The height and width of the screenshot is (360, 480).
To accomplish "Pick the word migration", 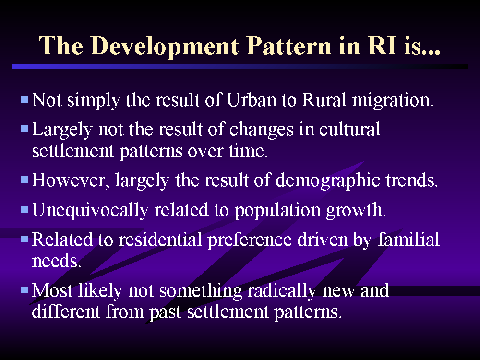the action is tap(393, 101).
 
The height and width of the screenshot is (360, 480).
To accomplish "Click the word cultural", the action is tap(349, 129).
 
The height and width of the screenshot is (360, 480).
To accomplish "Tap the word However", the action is tap(71, 180).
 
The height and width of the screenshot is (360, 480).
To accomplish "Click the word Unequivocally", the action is tap(90, 211).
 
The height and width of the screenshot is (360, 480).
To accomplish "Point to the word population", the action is tap(277, 211).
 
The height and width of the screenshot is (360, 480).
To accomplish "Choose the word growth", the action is tap(356, 211).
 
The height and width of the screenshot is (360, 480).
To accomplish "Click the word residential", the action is tap(160, 240).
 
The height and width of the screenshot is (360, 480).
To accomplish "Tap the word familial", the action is tap(408, 240).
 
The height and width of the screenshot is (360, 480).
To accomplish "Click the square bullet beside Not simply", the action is tap(24, 99).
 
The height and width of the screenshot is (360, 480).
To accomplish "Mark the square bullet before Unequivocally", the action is tap(24, 209).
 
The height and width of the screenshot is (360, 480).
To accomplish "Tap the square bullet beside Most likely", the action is tap(24, 289).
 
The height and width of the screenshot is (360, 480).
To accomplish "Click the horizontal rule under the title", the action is tap(240, 66).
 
